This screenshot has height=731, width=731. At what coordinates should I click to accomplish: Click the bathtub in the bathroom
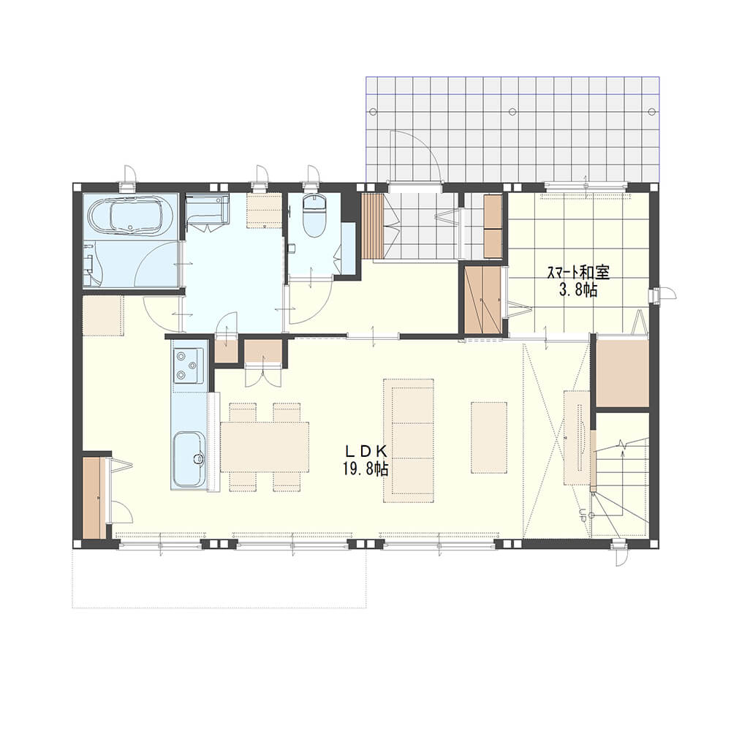(130, 216)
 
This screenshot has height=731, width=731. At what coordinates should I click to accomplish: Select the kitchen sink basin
(189, 459)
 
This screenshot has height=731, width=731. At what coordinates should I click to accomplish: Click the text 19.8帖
(365, 468)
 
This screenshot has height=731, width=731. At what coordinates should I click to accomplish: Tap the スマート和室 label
(578, 272)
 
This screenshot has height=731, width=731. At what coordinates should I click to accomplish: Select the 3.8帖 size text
(578, 290)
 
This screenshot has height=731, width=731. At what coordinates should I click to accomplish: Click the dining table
(265, 447)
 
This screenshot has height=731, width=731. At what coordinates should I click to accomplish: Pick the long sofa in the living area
(409, 440)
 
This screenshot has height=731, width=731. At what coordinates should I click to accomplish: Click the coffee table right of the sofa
(488, 438)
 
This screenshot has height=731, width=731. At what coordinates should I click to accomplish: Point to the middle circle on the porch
(512, 112)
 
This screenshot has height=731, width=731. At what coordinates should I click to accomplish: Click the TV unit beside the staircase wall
(577, 438)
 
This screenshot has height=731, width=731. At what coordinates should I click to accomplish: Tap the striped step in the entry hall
(372, 226)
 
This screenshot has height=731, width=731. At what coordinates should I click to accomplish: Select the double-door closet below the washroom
(263, 363)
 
